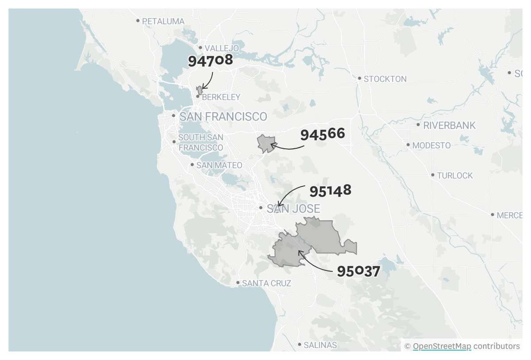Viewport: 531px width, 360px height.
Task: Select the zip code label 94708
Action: coord(211,60)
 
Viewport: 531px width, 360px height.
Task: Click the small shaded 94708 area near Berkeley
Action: coord(200,90)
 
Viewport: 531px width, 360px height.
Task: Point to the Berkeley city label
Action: coord(221,97)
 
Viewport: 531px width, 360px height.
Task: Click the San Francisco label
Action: coord(223,116)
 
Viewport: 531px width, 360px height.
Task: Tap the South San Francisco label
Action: coord(200,142)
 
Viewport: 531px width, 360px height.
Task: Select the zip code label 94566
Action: coord(323,134)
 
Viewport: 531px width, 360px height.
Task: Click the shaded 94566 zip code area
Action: coord(265,143)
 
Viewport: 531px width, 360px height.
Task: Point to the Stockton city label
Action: coord(385,79)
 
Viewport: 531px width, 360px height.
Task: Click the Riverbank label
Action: coord(449,125)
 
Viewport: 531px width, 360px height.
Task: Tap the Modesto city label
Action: coord(431,145)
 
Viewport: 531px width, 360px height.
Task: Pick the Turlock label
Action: coord(454,175)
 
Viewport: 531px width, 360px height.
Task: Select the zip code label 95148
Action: coord(330,191)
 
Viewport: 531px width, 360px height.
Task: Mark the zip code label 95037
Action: coord(358,271)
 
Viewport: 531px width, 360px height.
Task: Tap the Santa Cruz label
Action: coord(266,283)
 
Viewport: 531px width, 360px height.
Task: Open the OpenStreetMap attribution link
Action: coord(442,346)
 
